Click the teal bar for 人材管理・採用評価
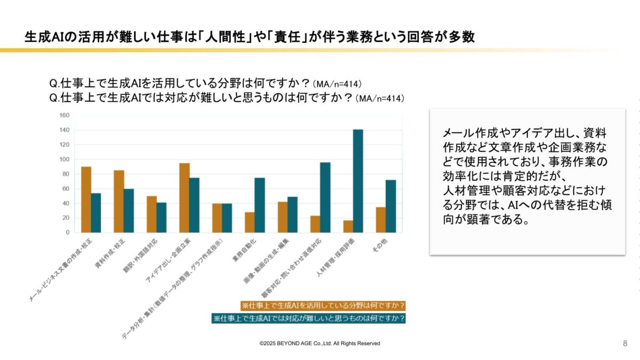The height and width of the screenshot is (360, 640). (358, 181)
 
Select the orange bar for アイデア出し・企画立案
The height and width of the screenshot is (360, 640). (185, 198)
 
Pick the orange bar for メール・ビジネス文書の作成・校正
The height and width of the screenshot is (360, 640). (86, 199)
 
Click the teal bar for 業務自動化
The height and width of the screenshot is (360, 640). (260, 205)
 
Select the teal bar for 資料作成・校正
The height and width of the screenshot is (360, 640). (129, 211)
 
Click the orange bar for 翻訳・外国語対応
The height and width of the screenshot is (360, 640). (151, 214)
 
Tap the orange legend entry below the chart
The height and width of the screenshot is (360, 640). (323, 306)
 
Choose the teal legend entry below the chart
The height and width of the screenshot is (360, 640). (309, 318)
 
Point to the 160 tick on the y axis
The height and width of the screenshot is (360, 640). (65, 115)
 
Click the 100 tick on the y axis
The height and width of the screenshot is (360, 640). (65, 159)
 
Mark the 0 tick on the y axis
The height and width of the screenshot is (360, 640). (67, 233)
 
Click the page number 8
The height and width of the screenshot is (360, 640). (625, 343)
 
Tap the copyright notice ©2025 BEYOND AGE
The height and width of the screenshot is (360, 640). (320, 343)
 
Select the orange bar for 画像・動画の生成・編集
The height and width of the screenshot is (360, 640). (283, 217)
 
